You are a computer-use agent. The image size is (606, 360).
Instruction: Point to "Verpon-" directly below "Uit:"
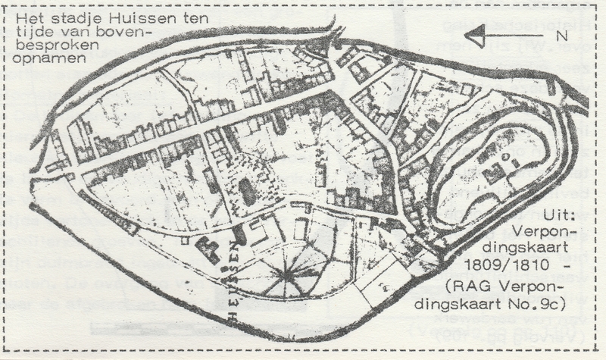point(544,233)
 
